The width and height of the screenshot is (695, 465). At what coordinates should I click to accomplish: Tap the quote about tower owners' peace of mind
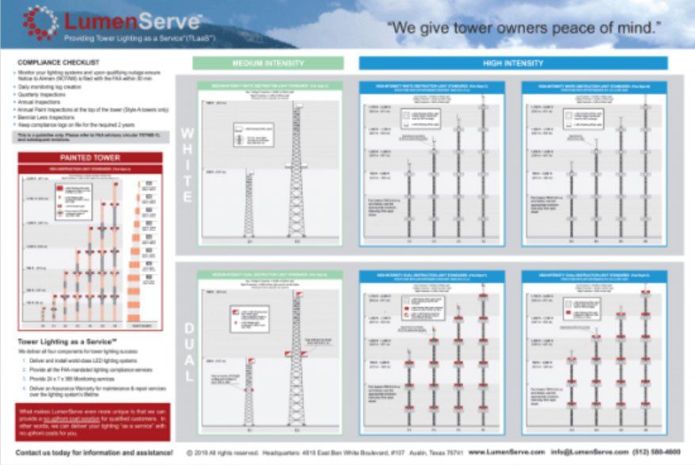pos(523,30)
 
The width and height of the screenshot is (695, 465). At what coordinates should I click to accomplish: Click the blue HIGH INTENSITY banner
pos(512,63)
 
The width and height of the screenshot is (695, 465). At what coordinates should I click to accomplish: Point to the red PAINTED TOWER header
pos(89,158)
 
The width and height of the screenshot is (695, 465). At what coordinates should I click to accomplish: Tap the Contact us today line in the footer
pos(94,453)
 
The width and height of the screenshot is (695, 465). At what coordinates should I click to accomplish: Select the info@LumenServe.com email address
pos(584,453)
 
